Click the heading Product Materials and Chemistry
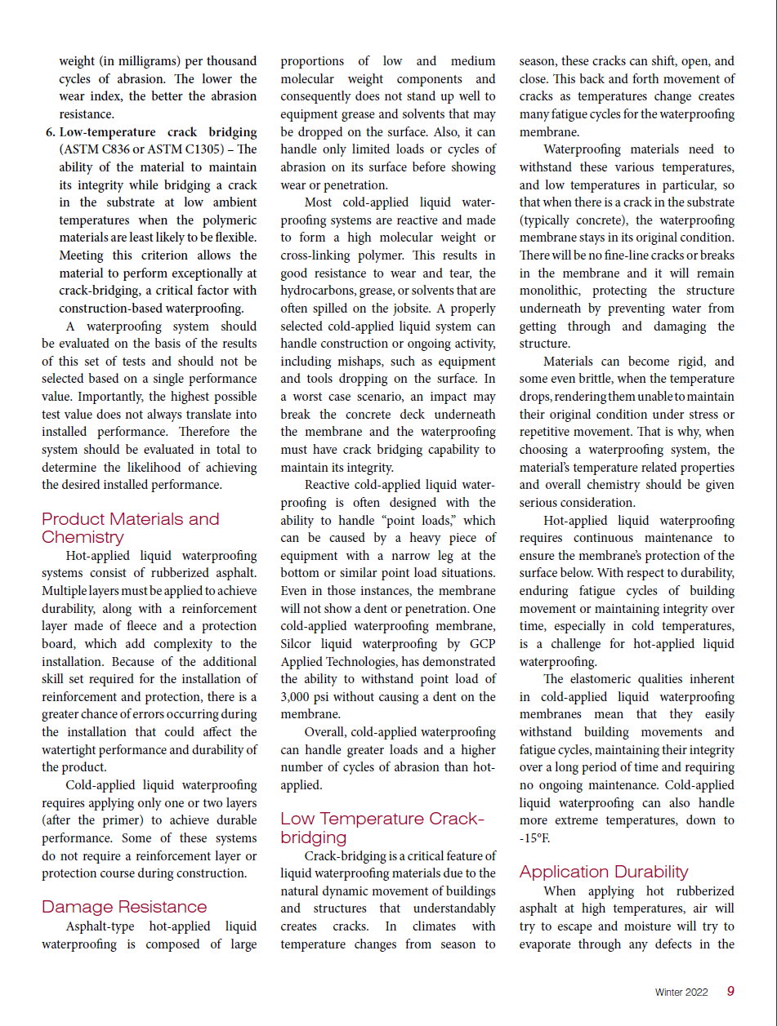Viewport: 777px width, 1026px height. pyautogui.click(x=131, y=528)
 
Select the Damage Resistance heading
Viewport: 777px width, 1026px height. pyautogui.click(x=124, y=907)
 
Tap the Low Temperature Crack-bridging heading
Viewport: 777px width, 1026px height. pyautogui.click(x=382, y=828)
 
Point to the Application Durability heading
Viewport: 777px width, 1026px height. pyautogui.click(x=604, y=872)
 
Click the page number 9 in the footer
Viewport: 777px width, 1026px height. pyautogui.click(x=730, y=992)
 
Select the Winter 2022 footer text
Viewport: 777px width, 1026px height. pyautogui.click(x=681, y=993)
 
